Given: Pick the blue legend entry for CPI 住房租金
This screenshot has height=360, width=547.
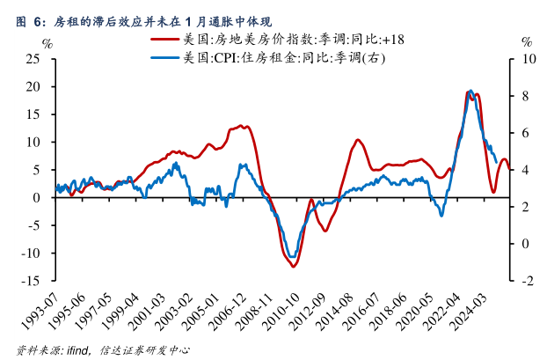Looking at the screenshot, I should (272, 58).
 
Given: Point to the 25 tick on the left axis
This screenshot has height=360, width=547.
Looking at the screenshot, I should (34, 59).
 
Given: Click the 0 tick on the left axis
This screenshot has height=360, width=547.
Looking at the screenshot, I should (38, 198).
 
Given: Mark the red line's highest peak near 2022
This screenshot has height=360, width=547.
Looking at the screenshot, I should (469, 92).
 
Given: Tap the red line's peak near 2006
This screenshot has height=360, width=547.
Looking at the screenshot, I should (243, 126).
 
